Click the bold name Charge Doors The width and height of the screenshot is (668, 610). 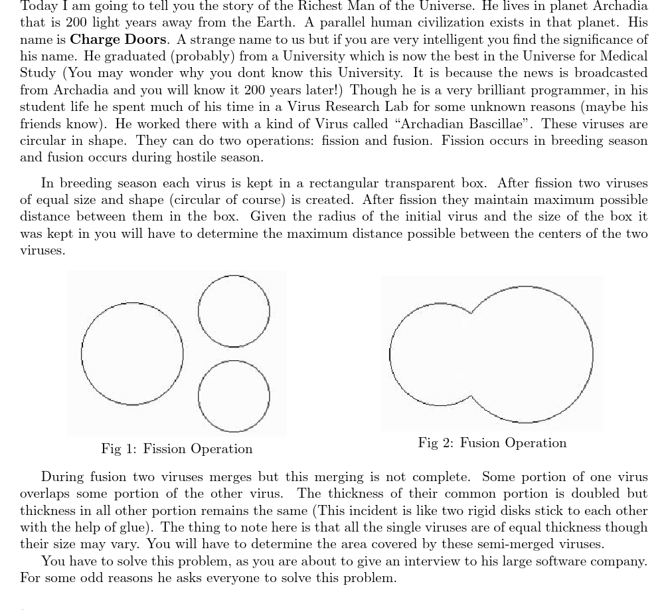click(118, 39)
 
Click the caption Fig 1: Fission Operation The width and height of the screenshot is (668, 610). click(177, 449)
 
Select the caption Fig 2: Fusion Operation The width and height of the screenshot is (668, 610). click(492, 443)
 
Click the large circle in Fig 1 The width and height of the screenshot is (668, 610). click(132, 354)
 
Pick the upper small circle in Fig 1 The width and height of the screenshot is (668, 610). click(234, 311)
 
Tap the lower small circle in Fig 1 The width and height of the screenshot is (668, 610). click(234, 397)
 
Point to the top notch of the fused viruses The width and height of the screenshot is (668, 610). click(471, 311)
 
